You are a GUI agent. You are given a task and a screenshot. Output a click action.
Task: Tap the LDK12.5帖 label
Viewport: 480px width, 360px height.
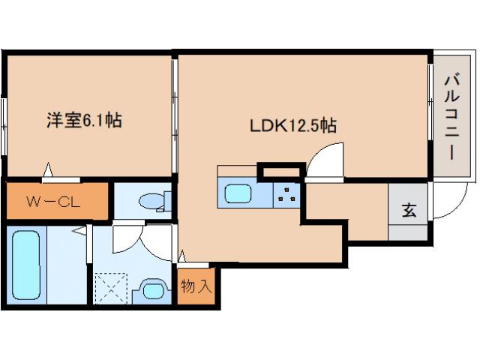pyautogui.click(x=292, y=126)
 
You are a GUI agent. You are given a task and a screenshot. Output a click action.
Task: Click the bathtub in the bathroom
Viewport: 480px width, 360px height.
pyautogui.click(x=25, y=267)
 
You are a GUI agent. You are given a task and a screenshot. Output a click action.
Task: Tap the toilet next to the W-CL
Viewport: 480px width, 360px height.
pyautogui.click(x=153, y=201)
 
